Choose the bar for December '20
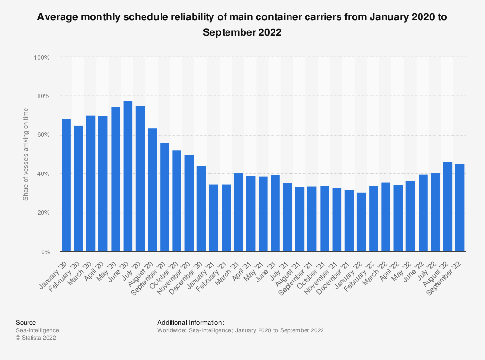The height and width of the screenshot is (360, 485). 201,208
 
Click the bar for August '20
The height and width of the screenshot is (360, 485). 152,189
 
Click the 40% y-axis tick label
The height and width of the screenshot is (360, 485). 43,174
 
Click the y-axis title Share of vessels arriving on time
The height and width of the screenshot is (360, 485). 26,155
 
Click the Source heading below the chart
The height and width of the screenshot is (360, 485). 26,322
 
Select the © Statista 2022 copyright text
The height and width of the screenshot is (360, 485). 36,338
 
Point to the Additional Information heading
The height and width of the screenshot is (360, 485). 191,322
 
